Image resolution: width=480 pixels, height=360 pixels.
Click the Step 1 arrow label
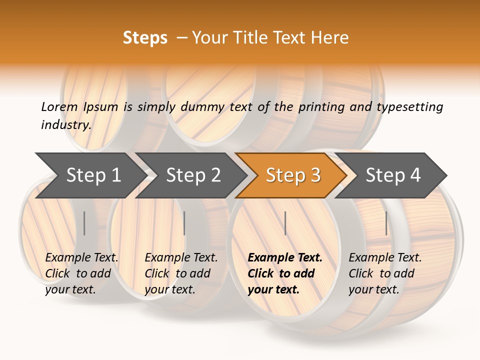coord(93,175)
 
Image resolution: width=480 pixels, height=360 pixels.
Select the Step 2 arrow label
coord(193,175)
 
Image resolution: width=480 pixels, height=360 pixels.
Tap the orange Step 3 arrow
coord(293,175)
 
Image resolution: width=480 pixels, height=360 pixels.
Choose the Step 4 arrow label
coord(393,175)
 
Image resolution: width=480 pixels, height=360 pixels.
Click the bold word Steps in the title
coord(145,38)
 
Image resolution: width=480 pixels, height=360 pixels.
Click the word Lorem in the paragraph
coord(59,107)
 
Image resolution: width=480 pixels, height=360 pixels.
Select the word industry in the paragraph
coord(65,125)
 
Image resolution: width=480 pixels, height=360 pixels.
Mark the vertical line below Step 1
coord(84,223)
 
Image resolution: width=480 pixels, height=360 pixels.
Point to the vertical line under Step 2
coord(184,223)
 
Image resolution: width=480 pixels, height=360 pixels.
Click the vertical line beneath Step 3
coord(285,223)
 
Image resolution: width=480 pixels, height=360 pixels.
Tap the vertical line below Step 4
coord(386,223)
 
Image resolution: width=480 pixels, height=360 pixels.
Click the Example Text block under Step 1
coord(81,273)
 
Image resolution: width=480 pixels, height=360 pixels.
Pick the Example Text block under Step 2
coord(181,273)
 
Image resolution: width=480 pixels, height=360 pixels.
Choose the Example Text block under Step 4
coord(385,273)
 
